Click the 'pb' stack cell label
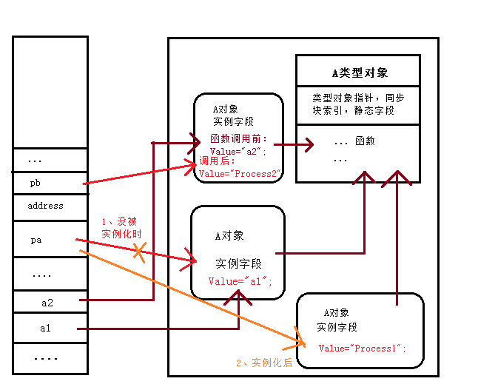click(x=36, y=182)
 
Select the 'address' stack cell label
click(x=45, y=206)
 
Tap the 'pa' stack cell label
click(x=36, y=240)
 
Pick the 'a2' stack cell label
click(x=47, y=302)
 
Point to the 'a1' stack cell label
click(x=45, y=327)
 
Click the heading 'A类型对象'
click(x=359, y=73)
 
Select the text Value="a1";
click(x=240, y=281)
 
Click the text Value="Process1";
click(x=363, y=349)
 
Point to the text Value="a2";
click(x=238, y=151)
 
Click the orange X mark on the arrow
click(x=139, y=253)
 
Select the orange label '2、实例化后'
click(x=264, y=363)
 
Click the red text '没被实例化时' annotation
click(x=121, y=227)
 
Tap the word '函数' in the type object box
click(x=365, y=141)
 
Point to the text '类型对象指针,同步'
click(x=358, y=98)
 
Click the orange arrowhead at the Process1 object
click(x=300, y=343)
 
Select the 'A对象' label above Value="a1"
click(x=229, y=236)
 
